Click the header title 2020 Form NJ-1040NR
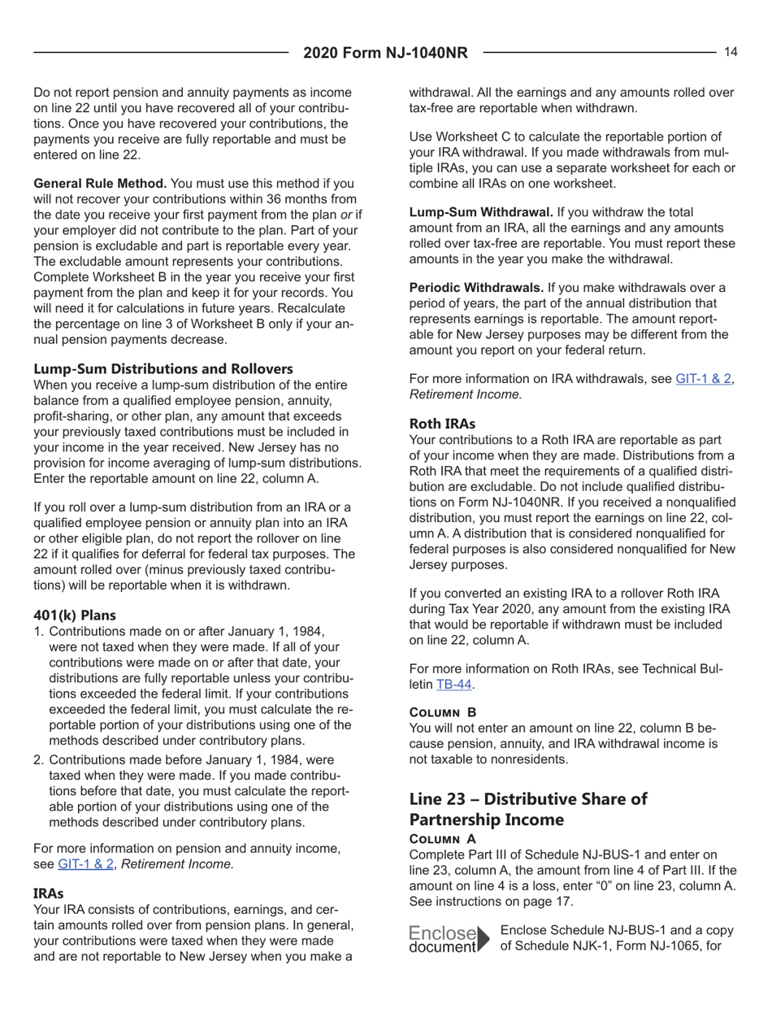tap(386, 54)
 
